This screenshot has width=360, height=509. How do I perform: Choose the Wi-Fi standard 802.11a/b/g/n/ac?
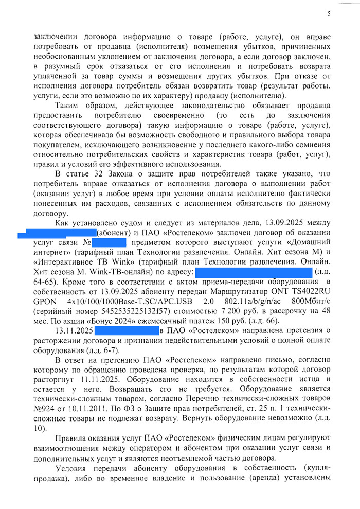[246, 302]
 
